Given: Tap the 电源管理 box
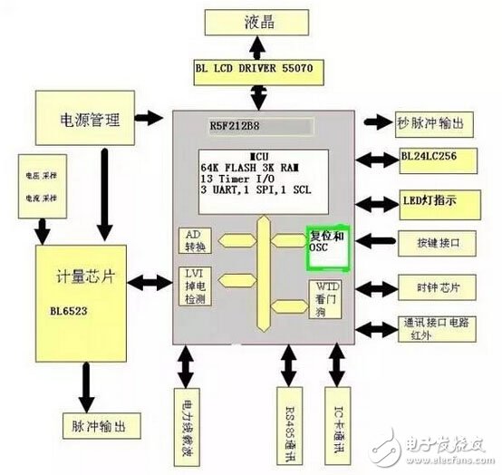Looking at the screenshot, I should [x=81, y=119].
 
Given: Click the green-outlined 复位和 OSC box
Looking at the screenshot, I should [x=329, y=247].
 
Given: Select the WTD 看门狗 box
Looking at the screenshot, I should [x=326, y=299].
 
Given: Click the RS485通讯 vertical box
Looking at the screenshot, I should [x=286, y=422].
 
